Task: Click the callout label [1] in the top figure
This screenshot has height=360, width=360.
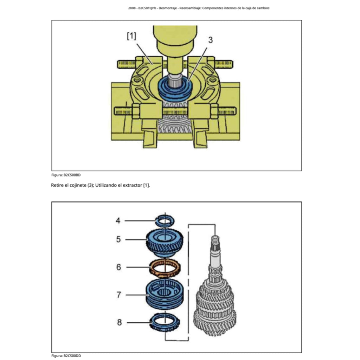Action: pyautogui.click(x=131, y=36)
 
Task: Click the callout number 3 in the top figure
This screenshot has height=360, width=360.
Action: pyautogui.click(x=210, y=40)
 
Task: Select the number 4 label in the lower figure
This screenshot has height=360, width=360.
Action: pyautogui.click(x=118, y=220)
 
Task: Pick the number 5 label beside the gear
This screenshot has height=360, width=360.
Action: pyautogui.click(x=118, y=239)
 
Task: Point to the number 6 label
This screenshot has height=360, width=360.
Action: pyautogui.click(x=118, y=267)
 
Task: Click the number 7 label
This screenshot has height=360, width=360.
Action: pyautogui.click(x=118, y=295)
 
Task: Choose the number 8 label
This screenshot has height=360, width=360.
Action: pyautogui.click(x=119, y=322)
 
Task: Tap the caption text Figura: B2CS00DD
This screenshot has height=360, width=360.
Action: pyautogui.click(x=66, y=356)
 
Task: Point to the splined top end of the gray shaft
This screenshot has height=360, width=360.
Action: pyautogui.click(x=214, y=241)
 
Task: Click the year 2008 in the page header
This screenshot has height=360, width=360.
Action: pyautogui.click(x=133, y=8)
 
